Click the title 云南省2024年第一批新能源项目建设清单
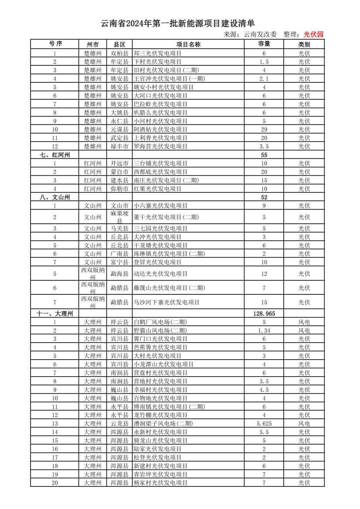click(x=177, y=24)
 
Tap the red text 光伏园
click(x=313, y=34)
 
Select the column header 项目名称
click(x=188, y=44)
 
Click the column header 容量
click(x=264, y=44)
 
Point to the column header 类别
click(x=304, y=44)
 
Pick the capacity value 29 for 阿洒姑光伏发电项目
click(x=264, y=129)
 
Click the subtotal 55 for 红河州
click(x=264, y=155)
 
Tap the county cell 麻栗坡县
click(x=119, y=217)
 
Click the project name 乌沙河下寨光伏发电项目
click(x=166, y=302)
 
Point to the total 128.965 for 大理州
click(x=264, y=313)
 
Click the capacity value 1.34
click(x=264, y=330)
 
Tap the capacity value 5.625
click(x=264, y=424)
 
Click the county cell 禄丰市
click(x=119, y=146)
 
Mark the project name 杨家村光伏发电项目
click(x=160, y=483)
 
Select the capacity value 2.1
click(x=264, y=79)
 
